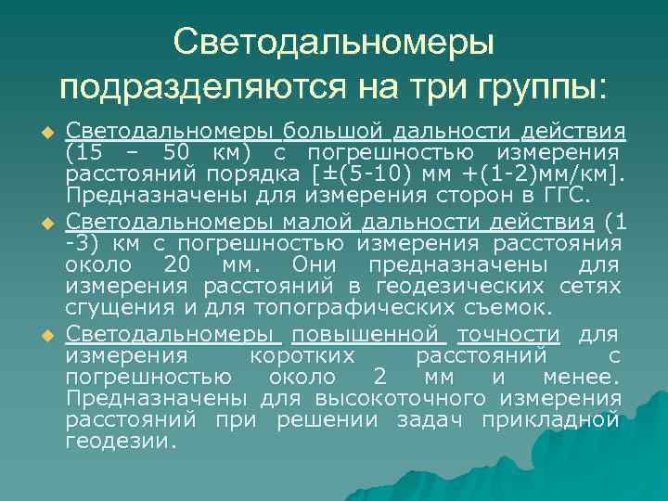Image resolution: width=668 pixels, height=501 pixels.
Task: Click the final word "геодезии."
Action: pos(121,442)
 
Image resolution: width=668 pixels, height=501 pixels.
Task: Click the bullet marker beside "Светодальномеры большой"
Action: pos(50,130)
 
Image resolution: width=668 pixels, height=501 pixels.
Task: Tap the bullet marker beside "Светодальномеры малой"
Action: pos(50,224)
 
